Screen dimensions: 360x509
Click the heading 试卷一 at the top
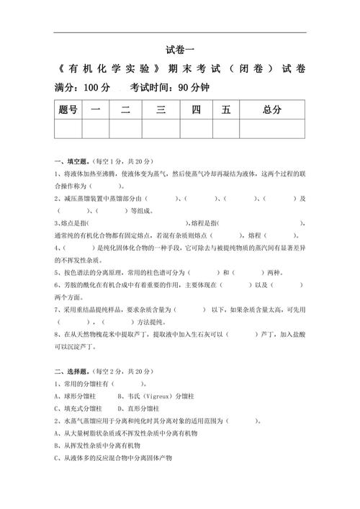(x=180, y=50)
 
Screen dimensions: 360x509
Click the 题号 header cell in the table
(x=68, y=109)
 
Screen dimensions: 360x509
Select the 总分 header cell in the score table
(x=271, y=109)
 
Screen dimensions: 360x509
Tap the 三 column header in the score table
(x=161, y=109)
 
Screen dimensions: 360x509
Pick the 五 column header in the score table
(x=226, y=109)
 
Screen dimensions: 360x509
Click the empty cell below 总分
(x=271, y=128)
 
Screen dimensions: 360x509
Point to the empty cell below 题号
(x=68, y=128)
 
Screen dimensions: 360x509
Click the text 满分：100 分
(x=82, y=88)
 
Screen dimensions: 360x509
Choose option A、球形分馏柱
(x=82, y=395)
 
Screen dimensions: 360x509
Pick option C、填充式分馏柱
(x=82, y=408)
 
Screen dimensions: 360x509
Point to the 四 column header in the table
(x=195, y=109)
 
